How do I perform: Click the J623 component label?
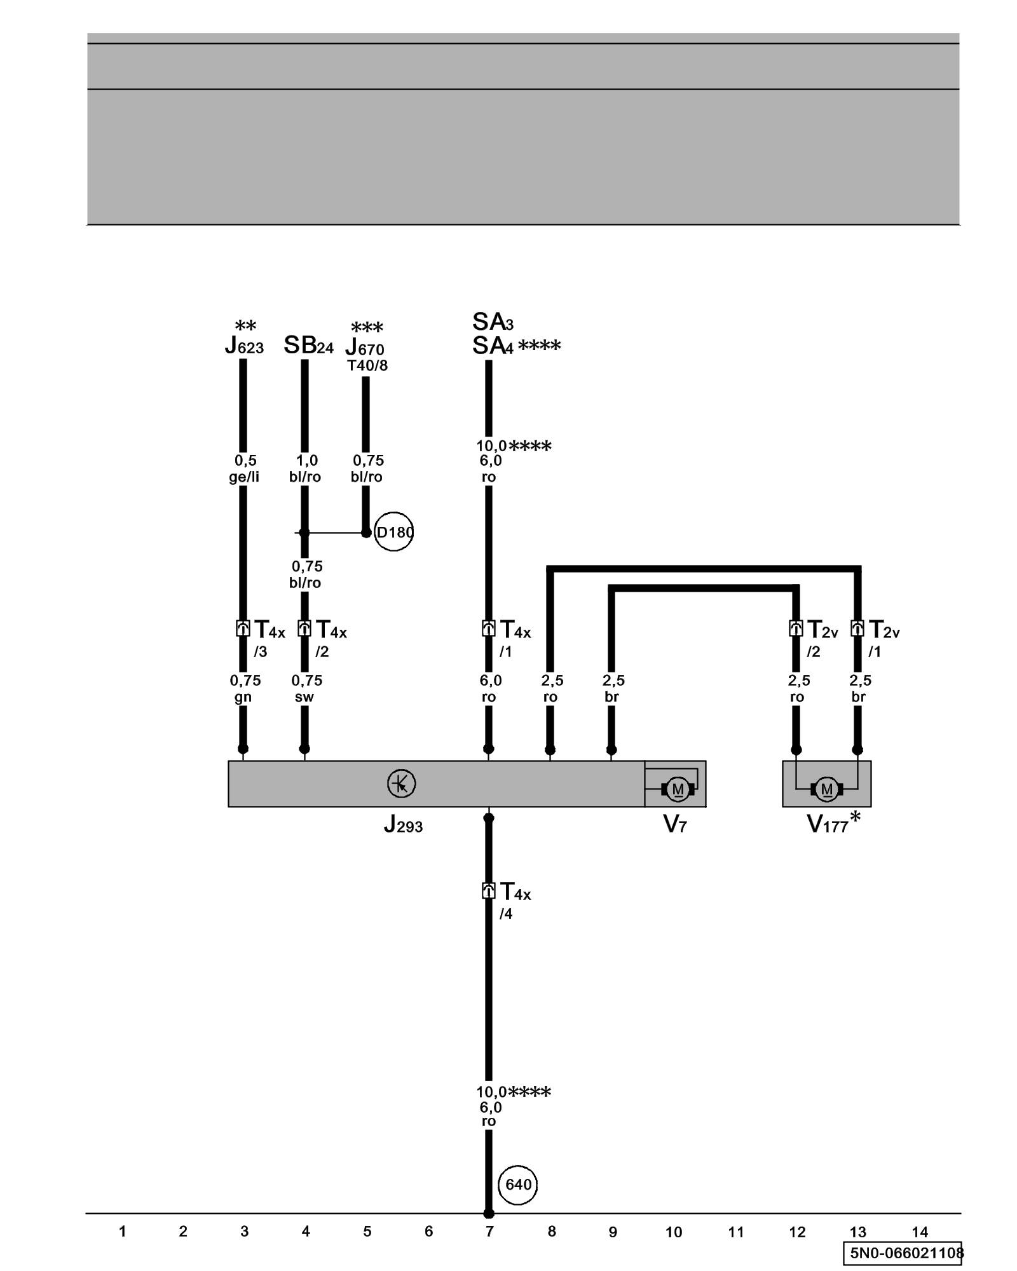pos(244,346)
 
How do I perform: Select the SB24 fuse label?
pos(308,346)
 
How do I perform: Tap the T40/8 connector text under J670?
pos(367,366)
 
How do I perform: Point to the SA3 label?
pos(493,322)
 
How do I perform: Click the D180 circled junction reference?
pos(393,532)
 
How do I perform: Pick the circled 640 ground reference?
pos(518,1185)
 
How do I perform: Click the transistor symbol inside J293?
pos(401,784)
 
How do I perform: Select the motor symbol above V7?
pos(678,789)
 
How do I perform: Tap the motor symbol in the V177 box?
pos(826,789)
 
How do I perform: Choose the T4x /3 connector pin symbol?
pos(243,629)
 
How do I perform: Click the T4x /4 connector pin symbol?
pos(488,891)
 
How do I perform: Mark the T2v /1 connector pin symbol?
pos(857,629)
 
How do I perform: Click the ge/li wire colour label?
pos(244,477)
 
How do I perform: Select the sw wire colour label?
pos(304,697)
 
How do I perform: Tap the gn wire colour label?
pos(243,697)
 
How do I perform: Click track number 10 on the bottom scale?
pos(674,1232)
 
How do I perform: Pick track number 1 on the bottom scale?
pos(122,1232)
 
